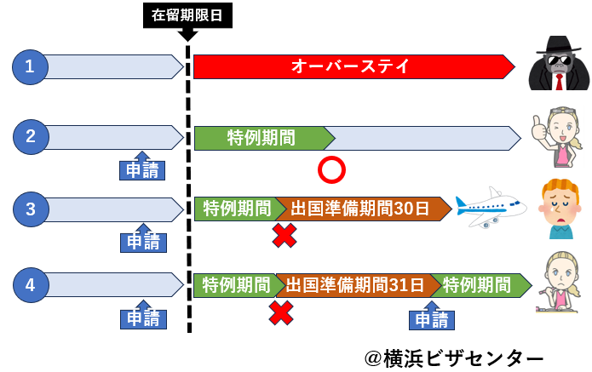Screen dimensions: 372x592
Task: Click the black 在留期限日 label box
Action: (187, 15)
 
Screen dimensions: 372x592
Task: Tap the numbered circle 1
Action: (31, 67)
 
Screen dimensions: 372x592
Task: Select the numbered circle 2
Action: (31, 136)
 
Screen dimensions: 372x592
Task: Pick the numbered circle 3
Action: (31, 209)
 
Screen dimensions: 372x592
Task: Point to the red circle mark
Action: (330, 170)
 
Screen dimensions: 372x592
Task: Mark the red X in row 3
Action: (284, 236)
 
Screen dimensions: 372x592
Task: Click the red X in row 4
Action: (281, 312)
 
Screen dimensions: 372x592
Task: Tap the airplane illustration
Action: (490, 207)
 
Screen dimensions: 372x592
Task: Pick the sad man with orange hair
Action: (559, 209)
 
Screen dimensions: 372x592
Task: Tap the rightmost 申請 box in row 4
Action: (432, 319)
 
